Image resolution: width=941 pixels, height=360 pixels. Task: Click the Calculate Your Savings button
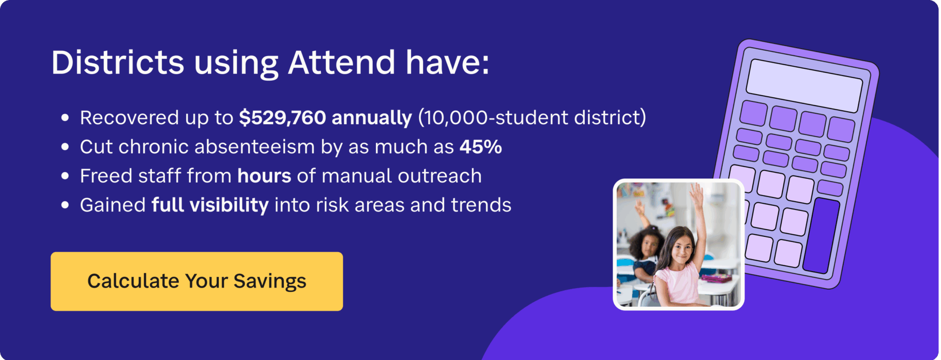tap(196, 281)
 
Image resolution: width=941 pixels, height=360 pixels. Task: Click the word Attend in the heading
tap(341, 63)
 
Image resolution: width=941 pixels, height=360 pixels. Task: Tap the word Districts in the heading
tap(117, 63)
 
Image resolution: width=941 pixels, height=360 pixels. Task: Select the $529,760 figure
tap(282, 118)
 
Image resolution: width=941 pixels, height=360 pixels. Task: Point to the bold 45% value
tap(481, 147)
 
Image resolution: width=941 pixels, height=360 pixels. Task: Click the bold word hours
tap(264, 176)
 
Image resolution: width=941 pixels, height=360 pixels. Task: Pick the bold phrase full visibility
tap(210, 205)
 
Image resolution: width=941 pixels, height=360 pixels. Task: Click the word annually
tap(372, 118)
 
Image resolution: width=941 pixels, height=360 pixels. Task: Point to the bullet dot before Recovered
tap(65, 118)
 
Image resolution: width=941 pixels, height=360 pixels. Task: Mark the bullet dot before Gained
tap(65, 205)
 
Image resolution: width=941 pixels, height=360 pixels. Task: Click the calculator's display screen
tap(805, 86)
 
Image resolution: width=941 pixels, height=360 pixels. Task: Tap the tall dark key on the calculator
tap(821, 235)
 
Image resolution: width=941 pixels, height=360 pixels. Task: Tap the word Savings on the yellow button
tap(269, 281)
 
